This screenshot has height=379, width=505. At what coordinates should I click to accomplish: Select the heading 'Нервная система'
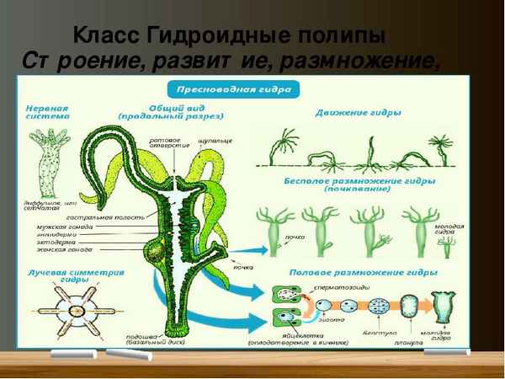46,114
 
